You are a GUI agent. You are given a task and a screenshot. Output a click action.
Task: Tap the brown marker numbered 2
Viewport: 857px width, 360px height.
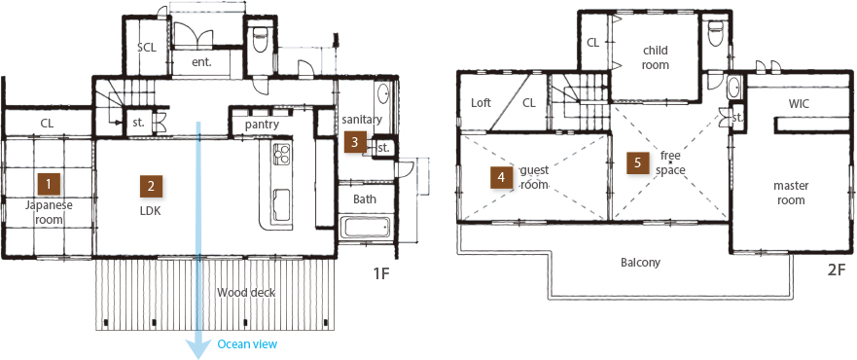pos(151,186)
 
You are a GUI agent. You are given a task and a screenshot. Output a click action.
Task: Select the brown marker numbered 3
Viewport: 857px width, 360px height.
pos(355,143)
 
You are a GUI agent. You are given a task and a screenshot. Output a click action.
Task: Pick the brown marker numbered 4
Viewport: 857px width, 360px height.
pos(501,177)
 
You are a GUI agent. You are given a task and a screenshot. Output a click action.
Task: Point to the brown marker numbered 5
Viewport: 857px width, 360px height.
pos(637,162)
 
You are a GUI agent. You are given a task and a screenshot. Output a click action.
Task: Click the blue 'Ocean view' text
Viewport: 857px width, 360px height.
pos(247,344)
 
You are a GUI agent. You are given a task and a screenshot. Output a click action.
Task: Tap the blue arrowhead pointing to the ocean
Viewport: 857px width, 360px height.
pos(197,347)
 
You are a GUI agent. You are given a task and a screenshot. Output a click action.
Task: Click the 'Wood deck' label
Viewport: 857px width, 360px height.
pos(246,293)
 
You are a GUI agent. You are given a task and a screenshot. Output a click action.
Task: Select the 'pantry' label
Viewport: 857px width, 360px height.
pos(262,125)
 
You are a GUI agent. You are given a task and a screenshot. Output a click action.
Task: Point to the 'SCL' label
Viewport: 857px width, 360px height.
pos(147,48)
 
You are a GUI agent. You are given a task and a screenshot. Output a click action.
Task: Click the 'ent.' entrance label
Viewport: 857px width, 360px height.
pos(201,61)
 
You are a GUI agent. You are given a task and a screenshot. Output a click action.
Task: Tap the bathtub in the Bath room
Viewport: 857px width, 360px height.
pos(365,228)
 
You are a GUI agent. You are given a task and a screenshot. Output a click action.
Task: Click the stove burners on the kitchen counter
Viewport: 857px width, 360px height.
pos(282,154)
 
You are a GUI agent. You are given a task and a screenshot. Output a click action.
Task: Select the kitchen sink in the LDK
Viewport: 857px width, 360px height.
pos(282,205)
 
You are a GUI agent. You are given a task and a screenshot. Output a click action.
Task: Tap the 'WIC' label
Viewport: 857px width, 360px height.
pos(798,103)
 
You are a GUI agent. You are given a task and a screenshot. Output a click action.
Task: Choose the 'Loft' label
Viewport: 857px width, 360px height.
pos(481,103)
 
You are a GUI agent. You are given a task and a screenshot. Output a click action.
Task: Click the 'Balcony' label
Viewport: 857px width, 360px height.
pos(641,262)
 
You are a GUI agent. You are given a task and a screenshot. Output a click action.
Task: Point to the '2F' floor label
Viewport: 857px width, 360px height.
pos(836,271)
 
